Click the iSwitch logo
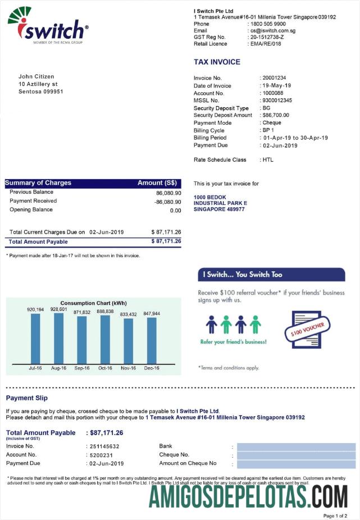click(x=48, y=25)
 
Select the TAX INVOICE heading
click(x=217, y=62)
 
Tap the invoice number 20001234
click(x=275, y=78)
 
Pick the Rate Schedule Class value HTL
click(x=268, y=160)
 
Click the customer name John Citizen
click(x=37, y=76)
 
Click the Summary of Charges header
click(x=38, y=183)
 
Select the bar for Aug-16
click(x=58, y=338)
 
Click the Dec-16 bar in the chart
click(x=152, y=340)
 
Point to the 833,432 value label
click(x=128, y=314)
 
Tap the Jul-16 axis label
click(x=35, y=368)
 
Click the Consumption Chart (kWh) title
click(x=93, y=303)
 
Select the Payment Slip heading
click(x=27, y=398)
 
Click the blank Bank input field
click(x=296, y=447)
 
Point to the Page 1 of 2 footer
click(x=335, y=516)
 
